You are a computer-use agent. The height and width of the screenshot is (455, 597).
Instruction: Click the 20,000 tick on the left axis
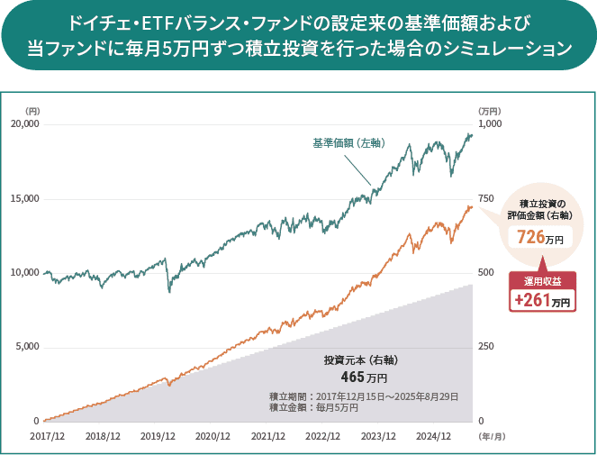pos(23,123)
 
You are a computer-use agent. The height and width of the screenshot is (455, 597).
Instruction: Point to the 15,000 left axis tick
pos(23,198)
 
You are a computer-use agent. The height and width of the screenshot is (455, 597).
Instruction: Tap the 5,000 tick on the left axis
pos(26,347)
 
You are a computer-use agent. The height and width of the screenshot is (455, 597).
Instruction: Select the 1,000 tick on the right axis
pos(485,123)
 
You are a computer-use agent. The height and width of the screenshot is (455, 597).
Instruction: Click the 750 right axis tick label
pos(483,198)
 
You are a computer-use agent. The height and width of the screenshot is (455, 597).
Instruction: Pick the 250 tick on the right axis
pos(483,347)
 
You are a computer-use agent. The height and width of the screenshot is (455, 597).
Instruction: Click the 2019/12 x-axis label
pos(158,436)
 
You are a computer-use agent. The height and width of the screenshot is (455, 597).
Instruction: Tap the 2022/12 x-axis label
pos(323,436)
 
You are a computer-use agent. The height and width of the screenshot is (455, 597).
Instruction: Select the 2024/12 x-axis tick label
pos(433,436)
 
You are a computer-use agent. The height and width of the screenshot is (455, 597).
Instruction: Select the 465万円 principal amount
pos(364,377)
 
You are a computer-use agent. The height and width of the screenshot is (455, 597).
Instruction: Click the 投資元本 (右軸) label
pos(361,360)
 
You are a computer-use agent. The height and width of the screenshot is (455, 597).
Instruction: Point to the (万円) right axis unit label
pos(489,111)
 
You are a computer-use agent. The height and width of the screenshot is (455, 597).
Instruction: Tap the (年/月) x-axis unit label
pos(493,436)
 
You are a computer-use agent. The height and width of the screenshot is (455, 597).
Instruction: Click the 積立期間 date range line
pos(364,396)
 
